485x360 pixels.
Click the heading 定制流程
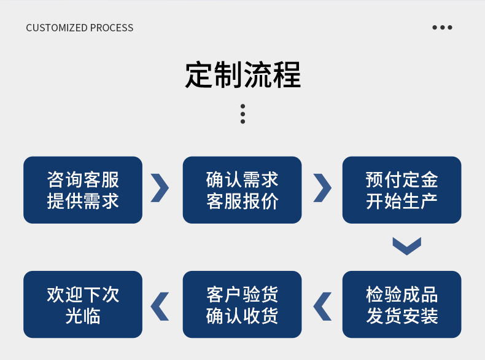click(x=243, y=75)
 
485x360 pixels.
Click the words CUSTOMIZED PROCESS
click(x=80, y=28)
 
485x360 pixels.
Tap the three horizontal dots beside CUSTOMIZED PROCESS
click(x=442, y=28)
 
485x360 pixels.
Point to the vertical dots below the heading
click(x=243, y=114)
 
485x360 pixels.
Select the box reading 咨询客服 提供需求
click(x=83, y=190)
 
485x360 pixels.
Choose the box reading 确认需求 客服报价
click(x=242, y=190)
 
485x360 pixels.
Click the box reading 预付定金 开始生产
click(x=402, y=190)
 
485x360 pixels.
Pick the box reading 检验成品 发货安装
click(x=402, y=304)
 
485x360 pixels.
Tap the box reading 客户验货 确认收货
click(x=242, y=304)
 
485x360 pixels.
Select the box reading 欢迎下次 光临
click(x=83, y=304)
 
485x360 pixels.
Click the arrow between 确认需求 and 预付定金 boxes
click(x=322, y=188)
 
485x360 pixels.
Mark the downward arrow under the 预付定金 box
click(x=406, y=246)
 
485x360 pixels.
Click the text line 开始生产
click(x=402, y=201)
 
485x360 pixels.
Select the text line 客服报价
click(x=242, y=201)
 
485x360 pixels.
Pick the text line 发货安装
click(x=402, y=316)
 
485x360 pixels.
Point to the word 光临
click(x=83, y=316)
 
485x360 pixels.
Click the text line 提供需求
click(x=83, y=201)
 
